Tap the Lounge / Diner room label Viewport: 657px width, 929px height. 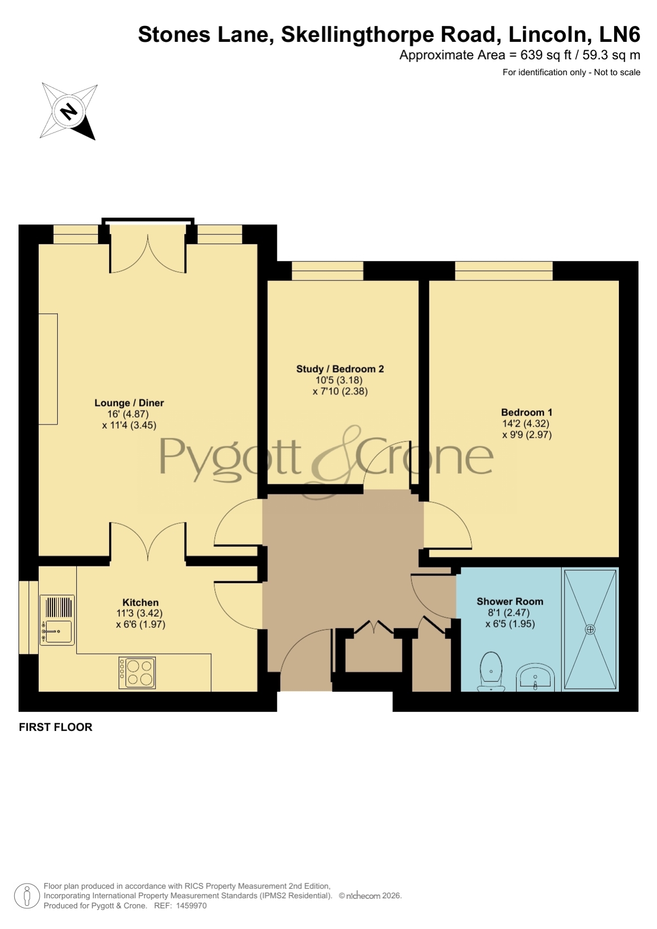[129, 403]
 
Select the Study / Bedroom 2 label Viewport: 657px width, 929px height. [340, 369]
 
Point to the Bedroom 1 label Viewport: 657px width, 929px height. [527, 412]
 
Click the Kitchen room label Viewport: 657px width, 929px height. [140, 602]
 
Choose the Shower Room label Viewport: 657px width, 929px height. [510, 601]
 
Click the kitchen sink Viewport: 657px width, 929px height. [57, 620]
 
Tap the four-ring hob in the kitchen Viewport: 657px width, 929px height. [137, 673]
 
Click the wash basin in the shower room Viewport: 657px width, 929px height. [535, 678]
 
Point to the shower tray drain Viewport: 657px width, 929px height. [590, 629]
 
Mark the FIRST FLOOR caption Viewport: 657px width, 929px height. [56, 727]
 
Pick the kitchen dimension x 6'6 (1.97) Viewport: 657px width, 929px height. [140, 625]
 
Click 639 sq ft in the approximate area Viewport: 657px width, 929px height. [546, 55]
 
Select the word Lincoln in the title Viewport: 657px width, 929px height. [550, 35]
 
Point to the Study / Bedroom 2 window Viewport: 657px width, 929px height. [327, 270]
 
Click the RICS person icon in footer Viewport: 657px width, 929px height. [26, 896]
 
